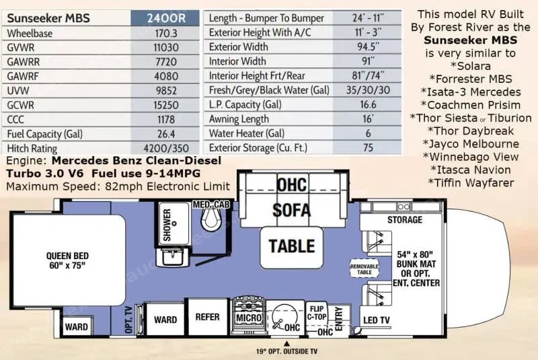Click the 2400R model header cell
click(165, 18)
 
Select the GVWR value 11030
click(166, 47)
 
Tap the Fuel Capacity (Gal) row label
click(45, 134)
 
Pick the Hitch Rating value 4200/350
click(166, 148)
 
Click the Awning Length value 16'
click(368, 118)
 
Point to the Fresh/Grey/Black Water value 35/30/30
click(368, 90)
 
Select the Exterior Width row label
click(239, 46)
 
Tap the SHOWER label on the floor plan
click(167, 225)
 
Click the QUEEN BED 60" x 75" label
click(68, 260)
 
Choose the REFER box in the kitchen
click(208, 317)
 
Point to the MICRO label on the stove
click(249, 318)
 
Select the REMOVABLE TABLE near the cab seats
click(364, 268)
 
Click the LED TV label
click(377, 320)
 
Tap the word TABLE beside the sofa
click(292, 246)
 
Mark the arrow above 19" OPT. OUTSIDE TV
click(287, 344)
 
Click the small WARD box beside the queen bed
click(77, 326)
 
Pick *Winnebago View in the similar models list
click(470, 157)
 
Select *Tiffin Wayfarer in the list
click(471, 183)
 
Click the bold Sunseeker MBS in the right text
click(470, 40)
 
